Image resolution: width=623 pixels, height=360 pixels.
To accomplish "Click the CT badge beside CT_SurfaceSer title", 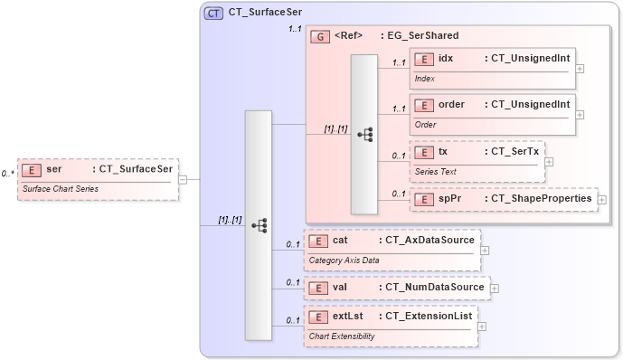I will point(213,13).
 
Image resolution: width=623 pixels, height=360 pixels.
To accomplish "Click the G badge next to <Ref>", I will point(319,36).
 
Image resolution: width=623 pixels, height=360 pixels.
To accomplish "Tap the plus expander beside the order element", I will point(581,114).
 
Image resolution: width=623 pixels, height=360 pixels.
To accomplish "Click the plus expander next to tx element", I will point(549,162).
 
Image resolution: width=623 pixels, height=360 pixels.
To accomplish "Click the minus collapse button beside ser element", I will point(183,179).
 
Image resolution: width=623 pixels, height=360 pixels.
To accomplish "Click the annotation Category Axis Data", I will point(345,261).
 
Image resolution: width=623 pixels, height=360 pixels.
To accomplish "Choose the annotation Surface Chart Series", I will point(61,189).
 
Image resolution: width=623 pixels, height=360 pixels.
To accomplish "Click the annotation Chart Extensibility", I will point(343,336).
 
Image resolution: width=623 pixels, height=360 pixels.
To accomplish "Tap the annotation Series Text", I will point(436,171).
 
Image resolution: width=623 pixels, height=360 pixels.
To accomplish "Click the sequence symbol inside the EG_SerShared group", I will point(364,134).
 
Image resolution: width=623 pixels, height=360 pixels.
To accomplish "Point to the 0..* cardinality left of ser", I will point(8,173).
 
